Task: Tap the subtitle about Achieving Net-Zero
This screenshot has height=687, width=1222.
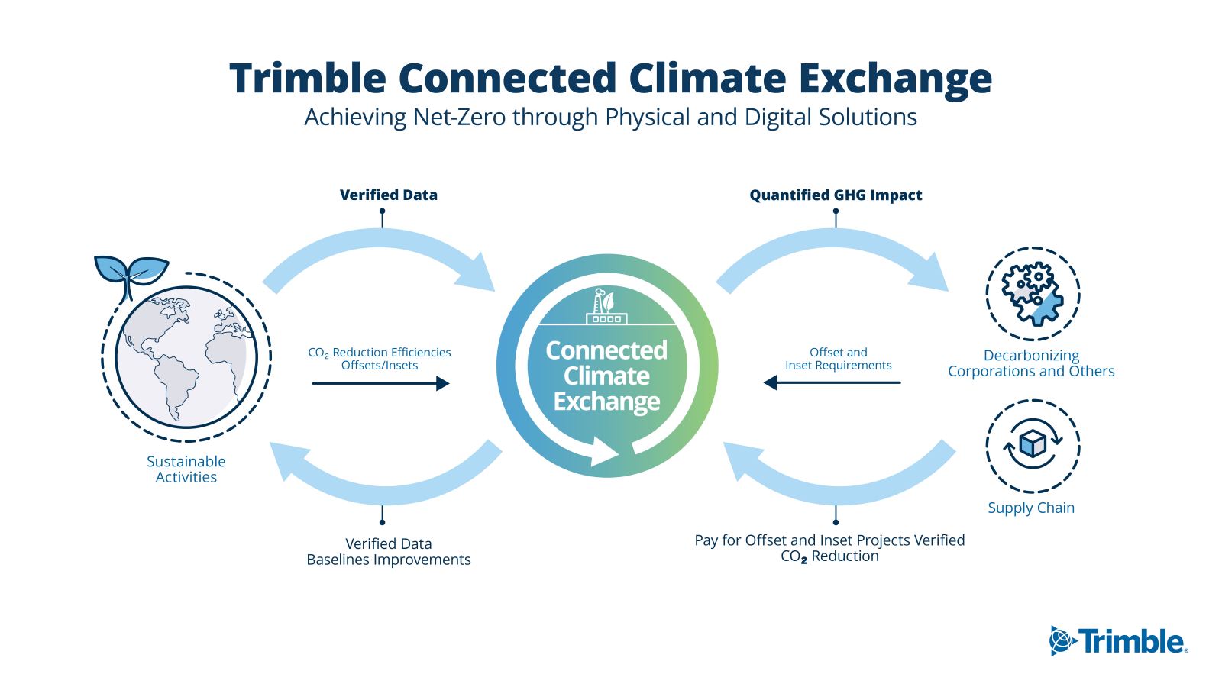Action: pyautogui.click(x=610, y=118)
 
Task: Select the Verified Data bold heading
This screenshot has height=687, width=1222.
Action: pyautogui.click(x=389, y=195)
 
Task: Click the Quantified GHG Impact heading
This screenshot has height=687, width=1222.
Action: pyautogui.click(x=836, y=195)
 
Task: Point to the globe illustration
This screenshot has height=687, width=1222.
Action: pyautogui.click(x=186, y=357)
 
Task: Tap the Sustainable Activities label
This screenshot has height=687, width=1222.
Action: pyautogui.click(x=186, y=469)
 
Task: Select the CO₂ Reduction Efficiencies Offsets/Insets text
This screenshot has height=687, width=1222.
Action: pyautogui.click(x=380, y=359)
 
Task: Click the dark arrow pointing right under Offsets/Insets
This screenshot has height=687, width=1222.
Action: pyautogui.click(x=381, y=383)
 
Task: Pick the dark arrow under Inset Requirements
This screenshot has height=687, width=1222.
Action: pyautogui.click(x=832, y=382)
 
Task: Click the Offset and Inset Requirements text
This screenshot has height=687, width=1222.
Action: pyautogui.click(x=839, y=359)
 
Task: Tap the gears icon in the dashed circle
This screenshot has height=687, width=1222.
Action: pyautogui.click(x=1033, y=294)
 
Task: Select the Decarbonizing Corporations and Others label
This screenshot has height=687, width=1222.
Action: pyautogui.click(x=1031, y=363)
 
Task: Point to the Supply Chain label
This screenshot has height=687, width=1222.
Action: pyautogui.click(x=1031, y=508)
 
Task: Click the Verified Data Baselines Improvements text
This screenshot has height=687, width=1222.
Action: pyautogui.click(x=389, y=551)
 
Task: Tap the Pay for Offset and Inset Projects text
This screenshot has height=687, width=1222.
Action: pyautogui.click(x=829, y=548)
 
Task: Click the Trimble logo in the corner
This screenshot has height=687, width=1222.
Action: pyautogui.click(x=1118, y=640)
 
